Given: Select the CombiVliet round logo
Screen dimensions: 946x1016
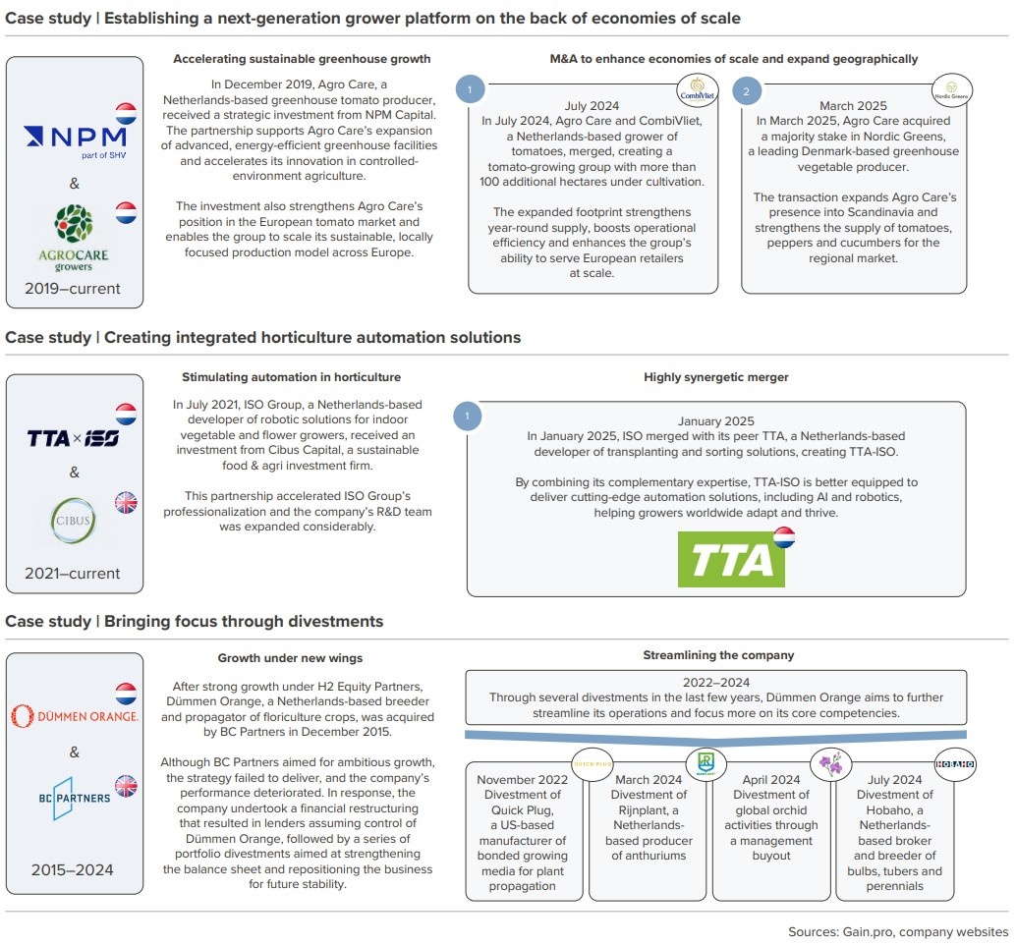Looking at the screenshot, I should tap(695, 89).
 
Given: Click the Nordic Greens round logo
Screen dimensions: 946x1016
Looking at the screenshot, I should tap(950, 90).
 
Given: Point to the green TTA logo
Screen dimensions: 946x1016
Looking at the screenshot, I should tap(731, 560).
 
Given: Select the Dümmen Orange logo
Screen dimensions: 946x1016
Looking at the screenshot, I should tap(74, 715).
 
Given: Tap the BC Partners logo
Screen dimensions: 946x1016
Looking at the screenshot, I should tap(74, 796).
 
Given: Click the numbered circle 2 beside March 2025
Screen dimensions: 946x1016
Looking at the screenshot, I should tap(747, 91).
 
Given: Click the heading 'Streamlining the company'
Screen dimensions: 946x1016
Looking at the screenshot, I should tap(718, 655).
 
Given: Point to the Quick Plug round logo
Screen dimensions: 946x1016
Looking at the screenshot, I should tap(586, 760).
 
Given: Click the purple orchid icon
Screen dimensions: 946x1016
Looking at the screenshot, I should tap(831, 763).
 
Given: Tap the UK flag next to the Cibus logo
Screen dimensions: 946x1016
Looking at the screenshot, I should tap(126, 503).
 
